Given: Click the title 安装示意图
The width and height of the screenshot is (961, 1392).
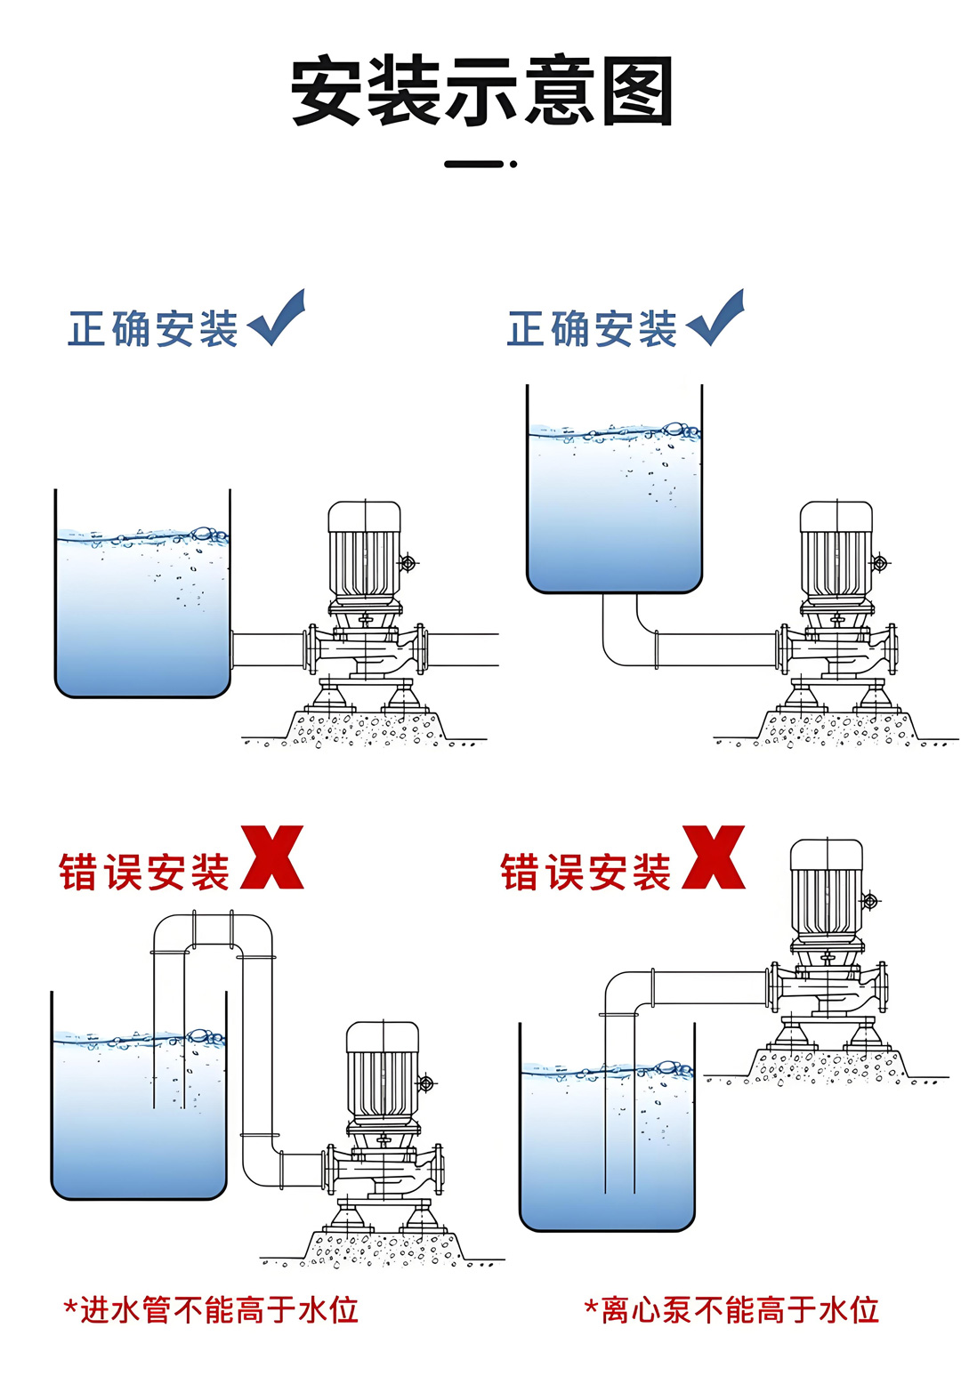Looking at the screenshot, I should [481, 92].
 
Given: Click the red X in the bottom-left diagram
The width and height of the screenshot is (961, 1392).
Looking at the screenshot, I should [272, 857].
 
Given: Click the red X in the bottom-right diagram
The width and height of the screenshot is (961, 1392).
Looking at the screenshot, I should [714, 857].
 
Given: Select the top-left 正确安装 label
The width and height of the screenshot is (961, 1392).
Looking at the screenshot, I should [153, 329].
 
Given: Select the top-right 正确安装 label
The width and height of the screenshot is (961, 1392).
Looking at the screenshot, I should [592, 329].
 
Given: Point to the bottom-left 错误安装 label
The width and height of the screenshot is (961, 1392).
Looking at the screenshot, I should [144, 873].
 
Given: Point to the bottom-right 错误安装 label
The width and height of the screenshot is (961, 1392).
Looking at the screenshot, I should [585, 873].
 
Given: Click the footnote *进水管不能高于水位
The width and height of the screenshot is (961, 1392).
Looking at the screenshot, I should [211, 1310].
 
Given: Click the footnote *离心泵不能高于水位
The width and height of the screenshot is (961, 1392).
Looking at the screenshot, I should [731, 1310].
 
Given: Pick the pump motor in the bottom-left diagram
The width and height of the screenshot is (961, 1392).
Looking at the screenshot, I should [383, 1071].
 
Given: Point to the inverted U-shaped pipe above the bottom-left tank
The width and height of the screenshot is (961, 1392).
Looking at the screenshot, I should [214, 929].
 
